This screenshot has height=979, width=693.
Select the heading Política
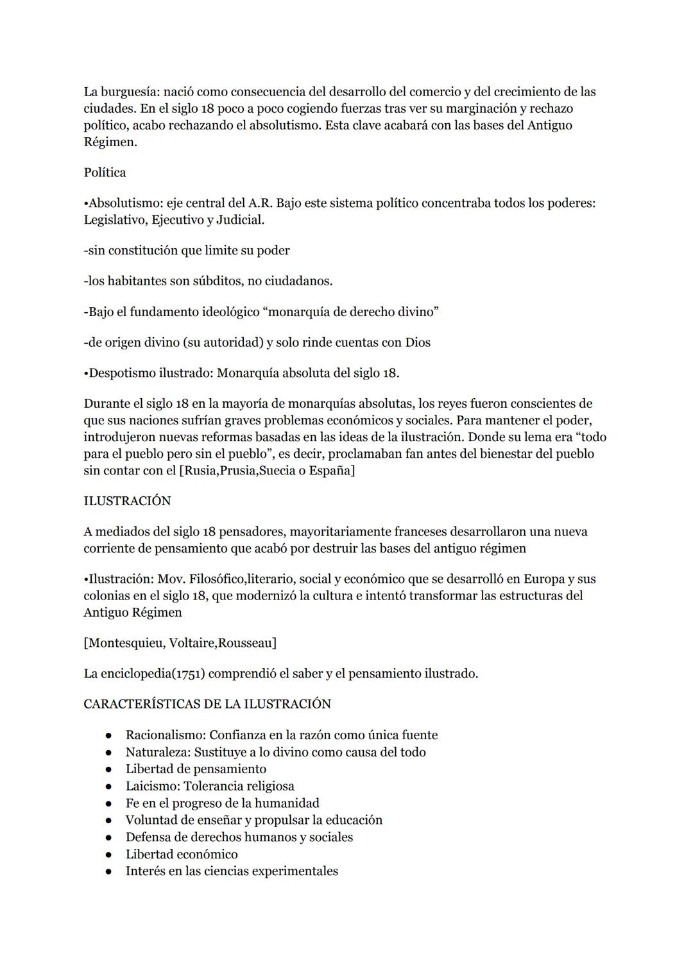click(x=105, y=172)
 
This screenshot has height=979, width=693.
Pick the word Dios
click(x=418, y=342)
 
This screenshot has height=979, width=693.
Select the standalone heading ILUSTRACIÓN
click(x=127, y=501)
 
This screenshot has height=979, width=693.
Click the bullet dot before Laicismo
click(x=110, y=787)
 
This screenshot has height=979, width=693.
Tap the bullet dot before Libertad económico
click(x=110, y=855)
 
